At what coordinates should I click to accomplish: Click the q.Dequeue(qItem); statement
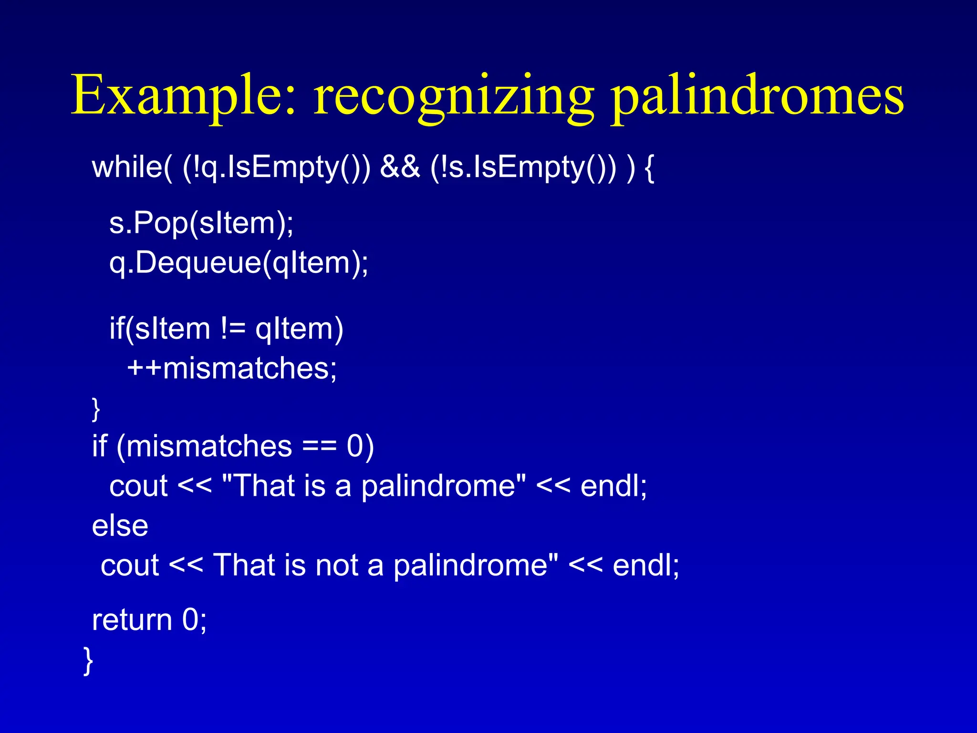click(239, 262)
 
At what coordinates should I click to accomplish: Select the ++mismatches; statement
click(232, 368)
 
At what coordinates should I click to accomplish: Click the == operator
click(319, 447)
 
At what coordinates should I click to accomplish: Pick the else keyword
click(120, 526)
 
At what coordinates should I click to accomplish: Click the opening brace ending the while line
click(649, 168)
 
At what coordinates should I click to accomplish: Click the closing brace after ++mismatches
click(96, 408)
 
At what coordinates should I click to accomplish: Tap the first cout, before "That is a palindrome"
click(138, 486)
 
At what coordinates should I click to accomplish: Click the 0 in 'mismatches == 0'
click(355, 447)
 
